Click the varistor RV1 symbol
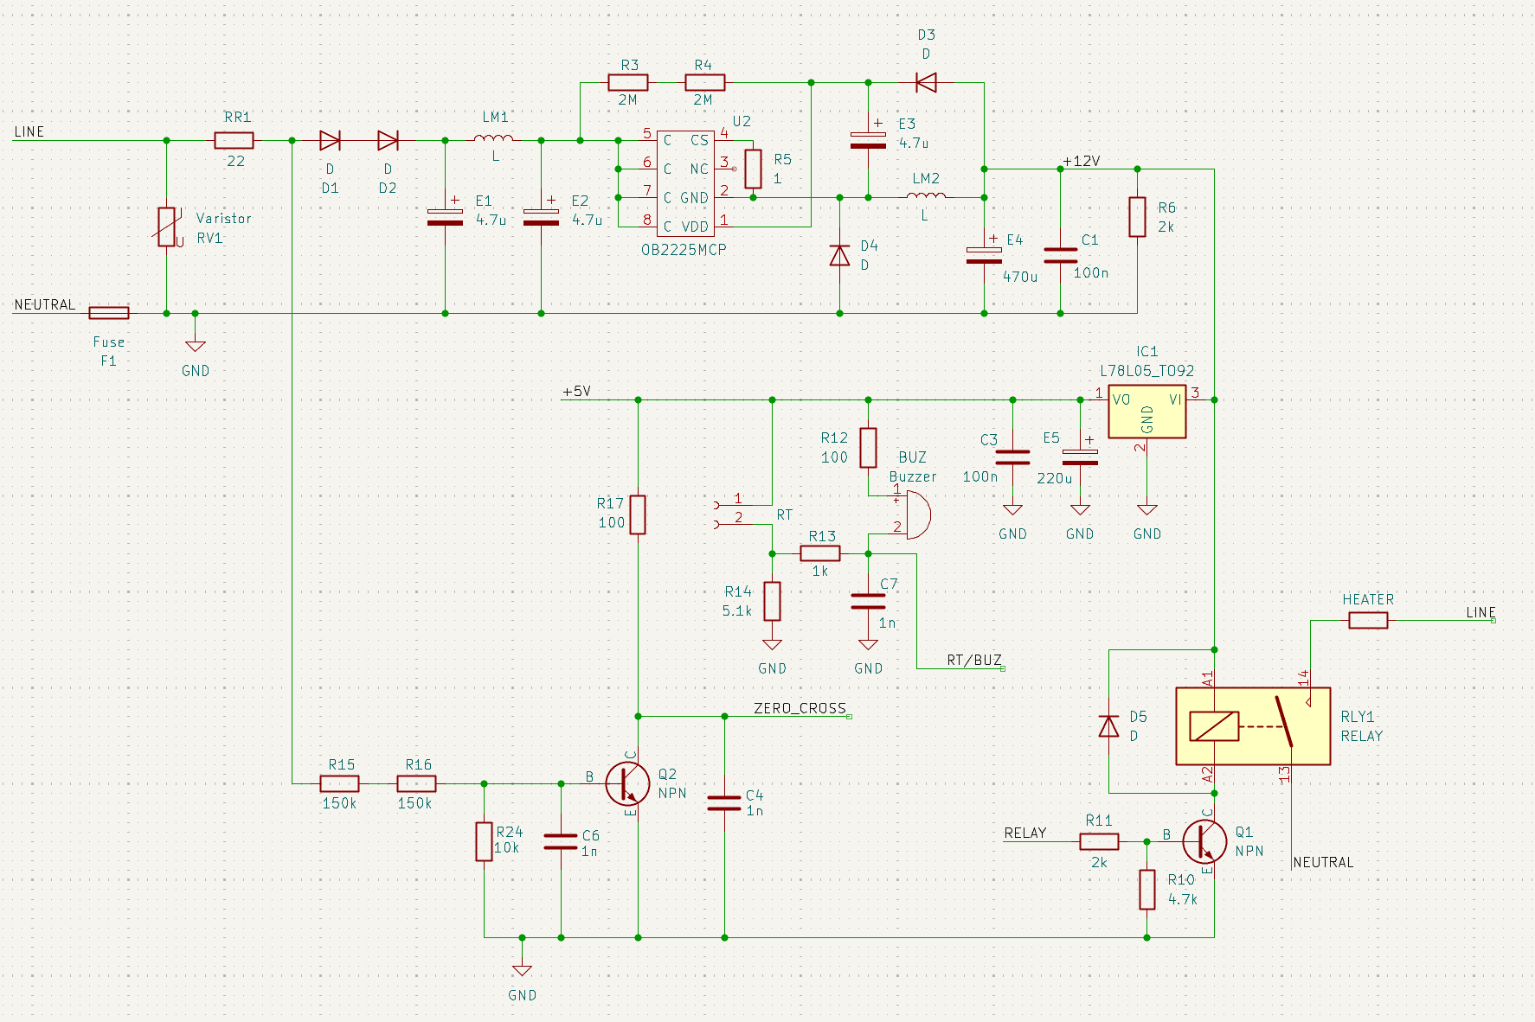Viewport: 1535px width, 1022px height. click(x=167, y=227)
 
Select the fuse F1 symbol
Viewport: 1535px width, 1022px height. click(x=109, y=313)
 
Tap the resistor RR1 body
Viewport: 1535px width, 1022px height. click(x=234, y=140)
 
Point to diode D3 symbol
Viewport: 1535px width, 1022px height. click(x=926, y=83)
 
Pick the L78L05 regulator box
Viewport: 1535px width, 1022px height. click(x=1146, y=412)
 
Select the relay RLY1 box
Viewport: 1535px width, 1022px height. click(x=1252, y=726)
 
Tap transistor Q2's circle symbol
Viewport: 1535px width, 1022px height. click(x=627, y=783)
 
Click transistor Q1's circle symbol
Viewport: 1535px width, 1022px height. click(x=1204, y=841)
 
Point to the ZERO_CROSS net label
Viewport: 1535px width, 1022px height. click(x=800, y=709)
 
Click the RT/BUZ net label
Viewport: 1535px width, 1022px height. click(x=973, y=661)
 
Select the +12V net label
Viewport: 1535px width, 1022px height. click(x=1082, y=162)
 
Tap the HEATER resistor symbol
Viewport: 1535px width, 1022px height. click(x=1367, y=620)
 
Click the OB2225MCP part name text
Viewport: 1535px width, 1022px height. click(x=684, y=250)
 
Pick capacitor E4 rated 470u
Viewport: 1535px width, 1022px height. click(x=984, y=255)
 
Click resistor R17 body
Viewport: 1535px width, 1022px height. click(x=638, y=514)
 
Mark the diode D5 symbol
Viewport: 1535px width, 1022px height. click(x=1108, y=726)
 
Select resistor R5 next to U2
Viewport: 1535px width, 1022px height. click(x=753, y=169)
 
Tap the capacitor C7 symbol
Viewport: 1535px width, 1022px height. click(x=868, y=601)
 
